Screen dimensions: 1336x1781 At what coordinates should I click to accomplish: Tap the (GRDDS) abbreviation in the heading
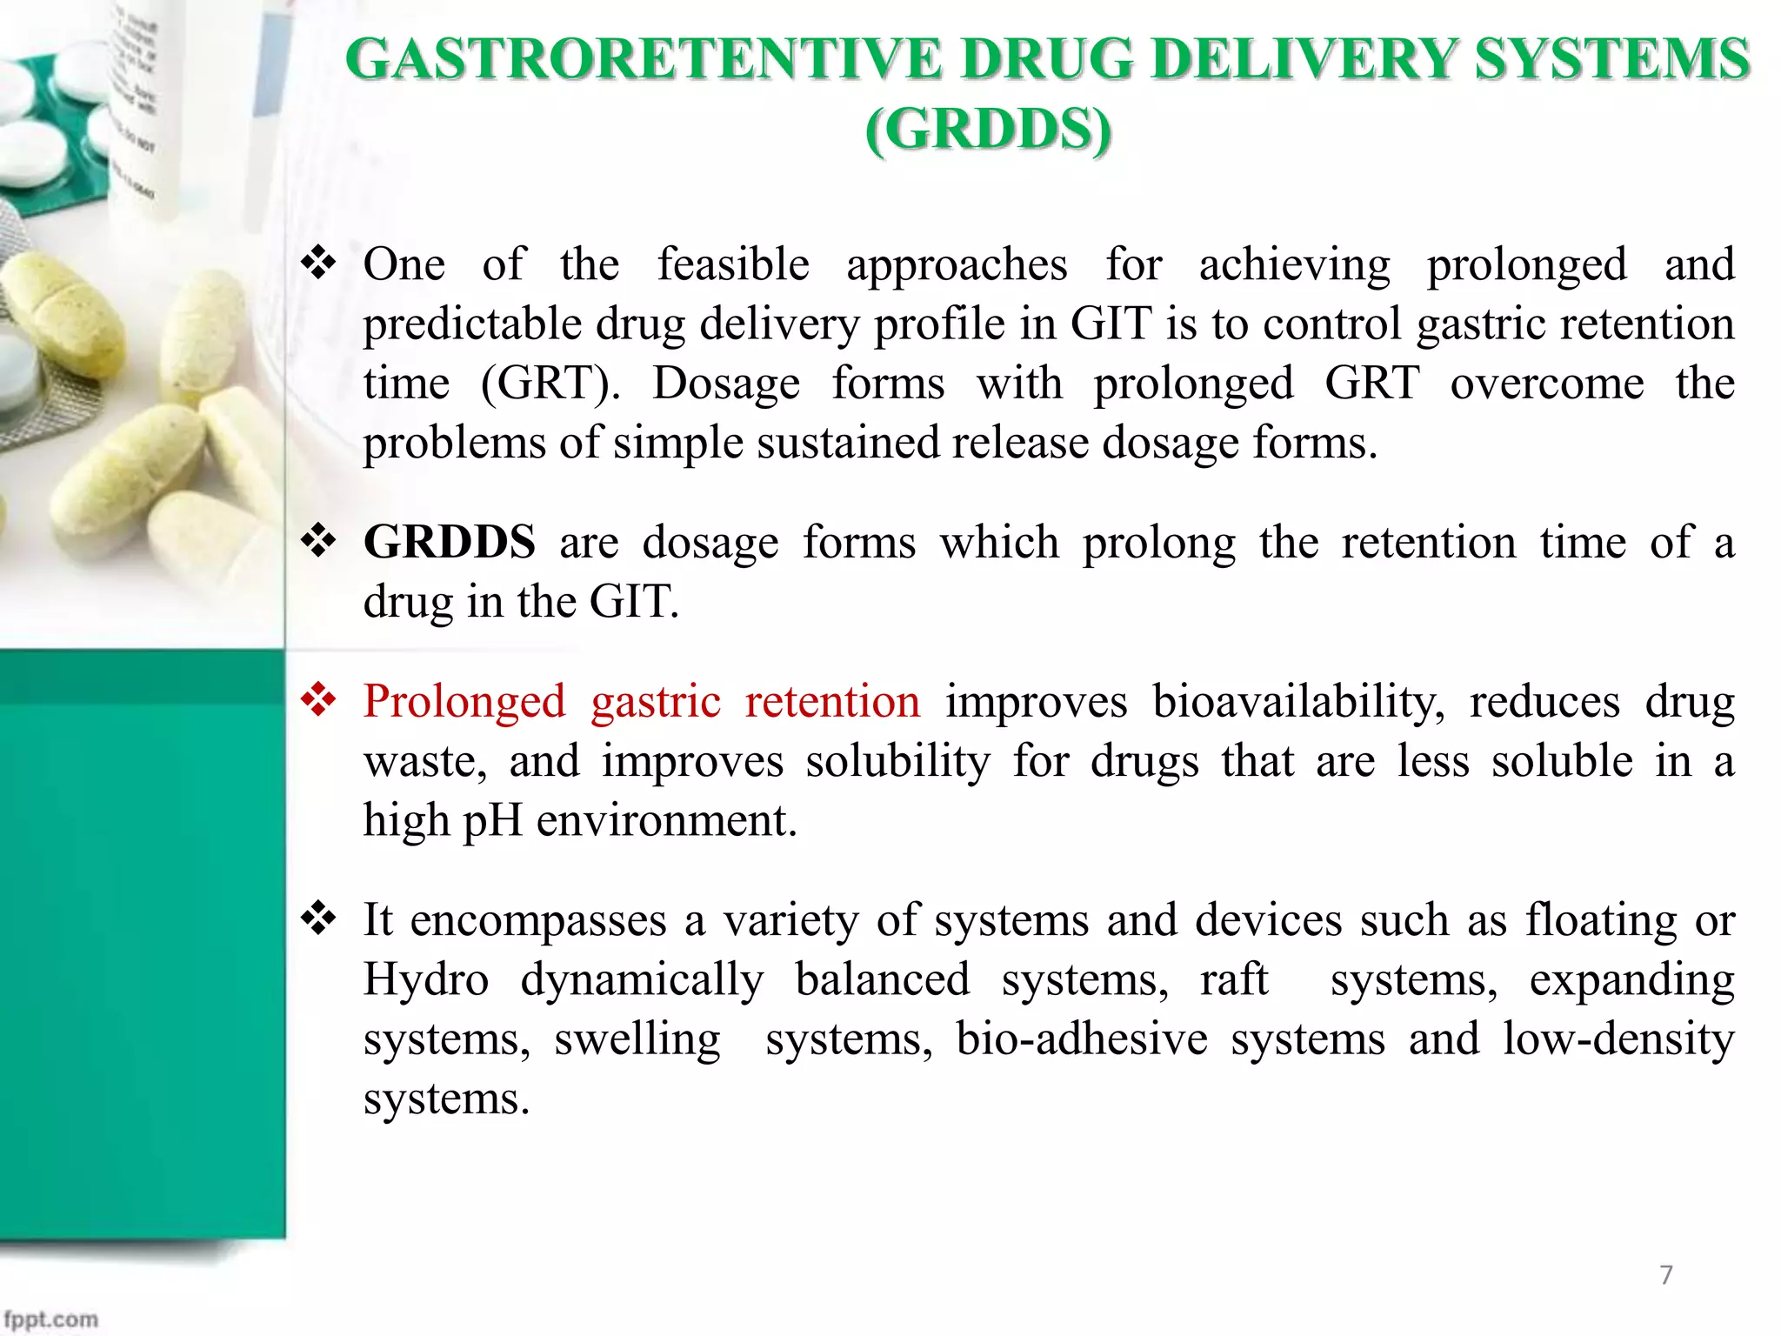[989, 130]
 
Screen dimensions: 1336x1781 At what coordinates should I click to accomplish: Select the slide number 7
[1666, 1275]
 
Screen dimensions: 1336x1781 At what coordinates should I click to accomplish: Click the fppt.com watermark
[51, 1319]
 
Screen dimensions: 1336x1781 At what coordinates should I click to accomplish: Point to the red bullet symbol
[318, 700]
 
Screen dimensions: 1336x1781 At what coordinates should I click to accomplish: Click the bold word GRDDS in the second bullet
[449, 542]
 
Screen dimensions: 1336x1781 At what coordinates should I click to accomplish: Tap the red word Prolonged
[464, 701]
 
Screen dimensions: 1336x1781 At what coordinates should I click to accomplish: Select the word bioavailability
[1298, 701]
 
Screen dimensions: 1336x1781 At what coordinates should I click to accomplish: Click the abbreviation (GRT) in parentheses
[550, 383]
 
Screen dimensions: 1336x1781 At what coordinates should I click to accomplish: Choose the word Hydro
[426, 979]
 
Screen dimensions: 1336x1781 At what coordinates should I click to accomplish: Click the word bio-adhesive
[1082, 1039]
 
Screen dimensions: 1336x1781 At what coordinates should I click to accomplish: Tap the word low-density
[1618, 1039]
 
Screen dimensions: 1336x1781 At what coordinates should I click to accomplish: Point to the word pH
[492, 820]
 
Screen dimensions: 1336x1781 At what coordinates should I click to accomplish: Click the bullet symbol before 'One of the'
[318, 263]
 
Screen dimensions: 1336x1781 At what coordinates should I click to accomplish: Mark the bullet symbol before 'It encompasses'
[318, 919]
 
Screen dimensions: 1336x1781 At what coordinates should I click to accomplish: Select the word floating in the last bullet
[1600, 920]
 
